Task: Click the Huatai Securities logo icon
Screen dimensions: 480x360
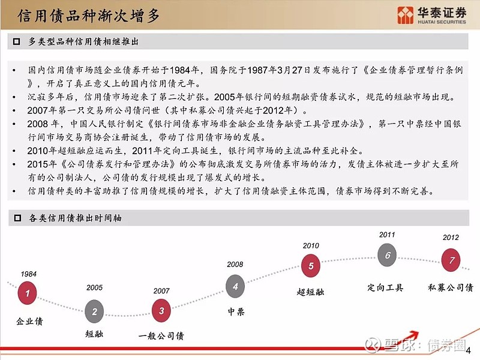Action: click(406, 15)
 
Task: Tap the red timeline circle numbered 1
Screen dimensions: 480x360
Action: click(27, 293)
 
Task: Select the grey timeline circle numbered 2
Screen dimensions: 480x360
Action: click(94, 311)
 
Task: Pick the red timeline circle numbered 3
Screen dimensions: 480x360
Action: click(161, 311)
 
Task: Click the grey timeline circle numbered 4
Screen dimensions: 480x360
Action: click(235, 286)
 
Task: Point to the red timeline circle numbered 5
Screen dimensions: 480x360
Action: click(311, 266)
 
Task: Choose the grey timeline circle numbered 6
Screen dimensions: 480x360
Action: click(387, 254)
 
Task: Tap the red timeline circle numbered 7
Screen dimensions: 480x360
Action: click(451, 260)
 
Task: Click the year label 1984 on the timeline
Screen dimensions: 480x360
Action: click(29, 274)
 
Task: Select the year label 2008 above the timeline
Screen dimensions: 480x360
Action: click(235, 265)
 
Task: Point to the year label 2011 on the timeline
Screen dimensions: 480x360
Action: click(387, 235)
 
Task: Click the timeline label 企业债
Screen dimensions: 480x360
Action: click(29, 322)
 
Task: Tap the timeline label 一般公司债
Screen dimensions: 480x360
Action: click(161, 336)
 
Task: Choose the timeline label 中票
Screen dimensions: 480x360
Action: click(236, 311)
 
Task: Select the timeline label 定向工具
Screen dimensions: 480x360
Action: click(385, 287)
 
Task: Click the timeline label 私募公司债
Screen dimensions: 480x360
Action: click(451, 287)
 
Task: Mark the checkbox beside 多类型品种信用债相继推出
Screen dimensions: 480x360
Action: click(17, 41)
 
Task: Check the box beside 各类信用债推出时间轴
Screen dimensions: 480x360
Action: click(17, 218)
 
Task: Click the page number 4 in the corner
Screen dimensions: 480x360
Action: click(468, 350)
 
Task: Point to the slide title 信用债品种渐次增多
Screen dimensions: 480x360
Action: click(89, 16)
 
